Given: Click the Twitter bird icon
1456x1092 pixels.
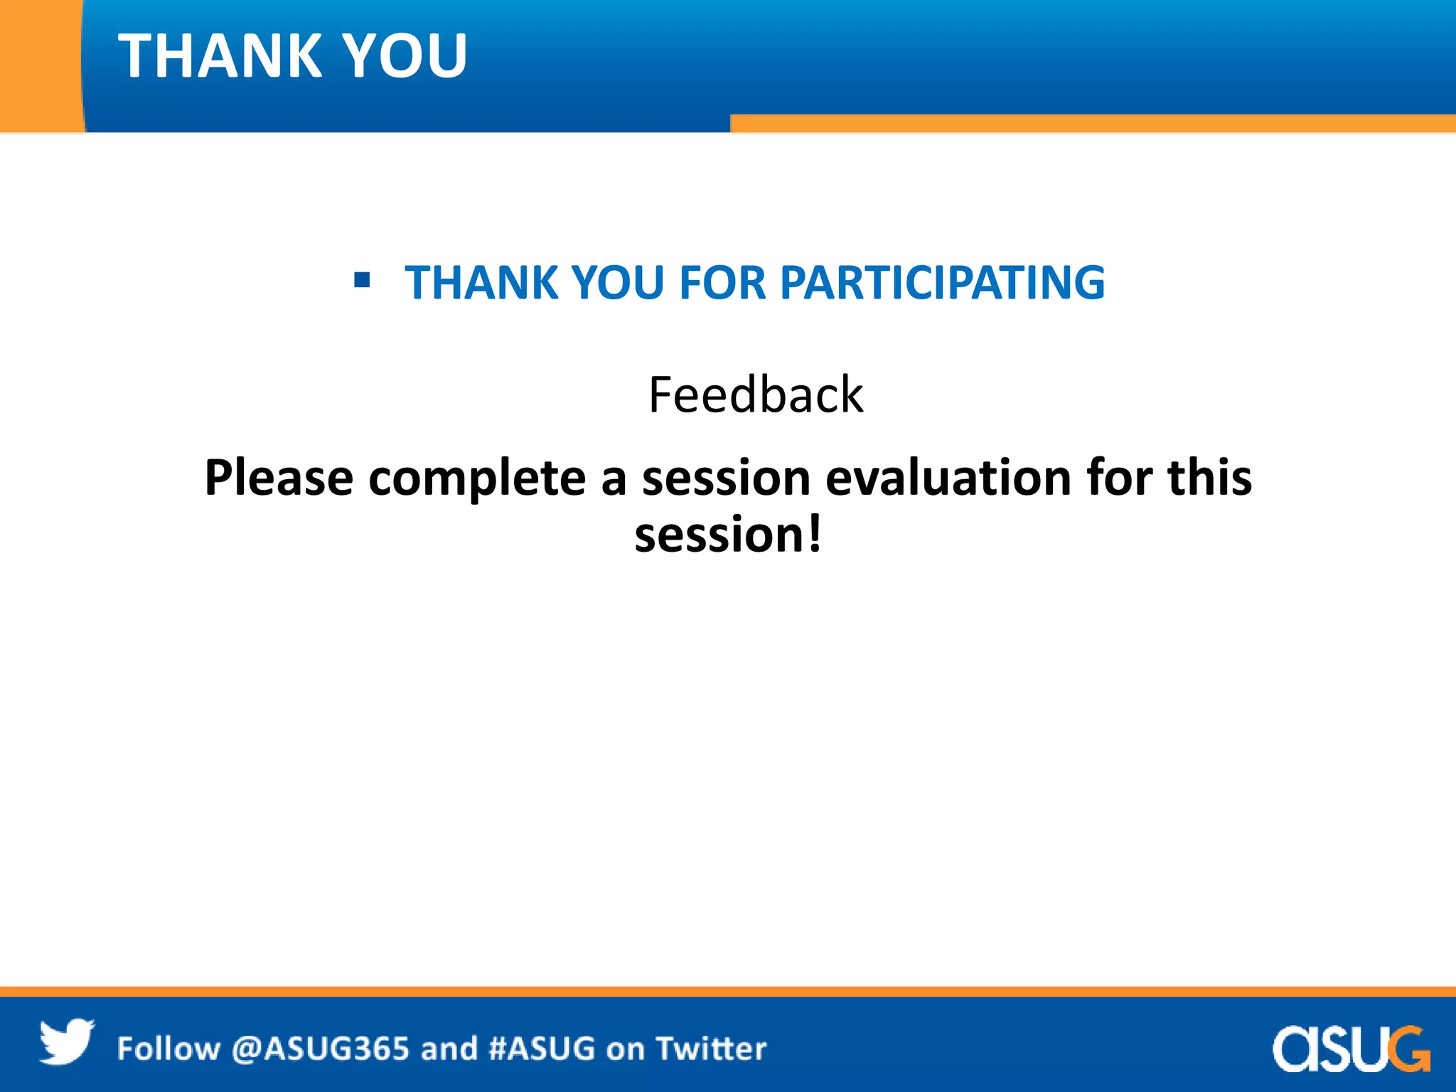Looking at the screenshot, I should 66,1042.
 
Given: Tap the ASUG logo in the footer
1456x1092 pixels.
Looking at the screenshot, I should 1350,1048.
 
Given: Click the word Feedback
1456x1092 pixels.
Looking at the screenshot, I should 756,395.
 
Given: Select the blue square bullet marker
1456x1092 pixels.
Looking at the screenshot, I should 362,280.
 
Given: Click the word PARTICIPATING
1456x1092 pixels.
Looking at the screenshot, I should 942,283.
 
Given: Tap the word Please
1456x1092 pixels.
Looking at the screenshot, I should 279,478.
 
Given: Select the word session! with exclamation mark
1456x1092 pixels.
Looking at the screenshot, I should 728,535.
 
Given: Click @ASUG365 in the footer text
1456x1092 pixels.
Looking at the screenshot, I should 320,1049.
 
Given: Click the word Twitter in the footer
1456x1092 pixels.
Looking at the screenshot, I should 711,1049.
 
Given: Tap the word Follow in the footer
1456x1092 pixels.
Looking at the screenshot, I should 168,1049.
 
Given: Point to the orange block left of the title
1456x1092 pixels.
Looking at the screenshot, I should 39,64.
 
